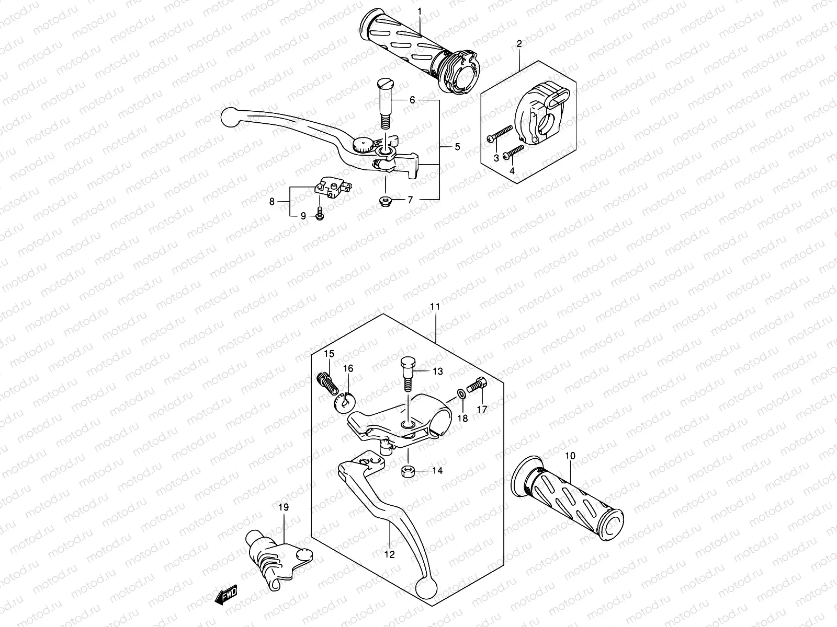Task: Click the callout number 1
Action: coord(419,11)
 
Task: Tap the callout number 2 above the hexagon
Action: coord(519,44)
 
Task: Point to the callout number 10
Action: coord(570,456)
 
